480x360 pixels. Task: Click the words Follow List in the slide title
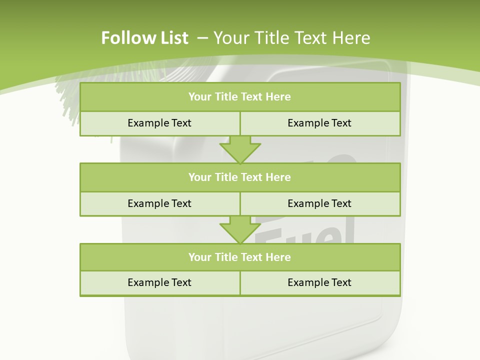(144, 38)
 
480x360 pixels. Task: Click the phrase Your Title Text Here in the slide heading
(292, 38)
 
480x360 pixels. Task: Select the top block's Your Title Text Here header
(239, 97)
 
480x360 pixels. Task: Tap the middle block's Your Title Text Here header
(239, 177)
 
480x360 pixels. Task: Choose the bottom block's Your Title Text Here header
(239, 257)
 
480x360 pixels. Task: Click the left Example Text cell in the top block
(159, 123)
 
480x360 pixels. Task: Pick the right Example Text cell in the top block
(319, 123)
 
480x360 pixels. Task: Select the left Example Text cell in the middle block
(159, 203)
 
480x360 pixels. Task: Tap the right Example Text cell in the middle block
(319, 203)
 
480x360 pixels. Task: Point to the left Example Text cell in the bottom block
(159, 282)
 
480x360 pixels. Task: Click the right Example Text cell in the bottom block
(319, 282)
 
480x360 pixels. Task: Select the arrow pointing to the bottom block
(240, 230)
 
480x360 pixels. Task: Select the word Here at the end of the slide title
(353, 38)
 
